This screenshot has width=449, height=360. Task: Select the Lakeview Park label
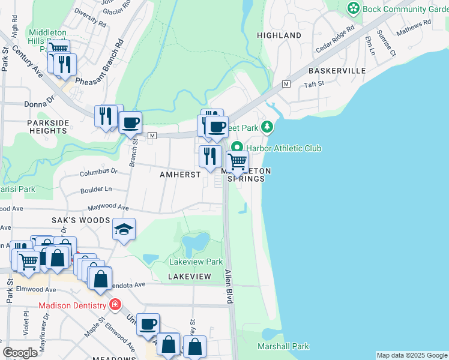[x=196, y=262]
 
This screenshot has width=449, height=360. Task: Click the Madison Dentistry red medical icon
[x=115, y=305]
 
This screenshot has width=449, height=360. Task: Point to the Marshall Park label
[x=283, y=346]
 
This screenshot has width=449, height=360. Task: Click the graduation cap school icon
[x=124, y=229]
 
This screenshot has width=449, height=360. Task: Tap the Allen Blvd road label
[x=229, y=286]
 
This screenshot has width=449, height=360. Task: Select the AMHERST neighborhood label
[x=180, y=174]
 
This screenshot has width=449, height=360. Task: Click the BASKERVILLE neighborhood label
[x=337, y=71]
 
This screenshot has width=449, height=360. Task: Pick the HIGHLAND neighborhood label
[x=279, y=35]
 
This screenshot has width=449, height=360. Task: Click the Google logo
[x=20, y=353]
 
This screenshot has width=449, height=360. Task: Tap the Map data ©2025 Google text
[x=412, y=355]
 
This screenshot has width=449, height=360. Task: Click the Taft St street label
[x=313, y=84]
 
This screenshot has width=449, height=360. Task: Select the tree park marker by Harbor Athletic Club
[x=268, y=127]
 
